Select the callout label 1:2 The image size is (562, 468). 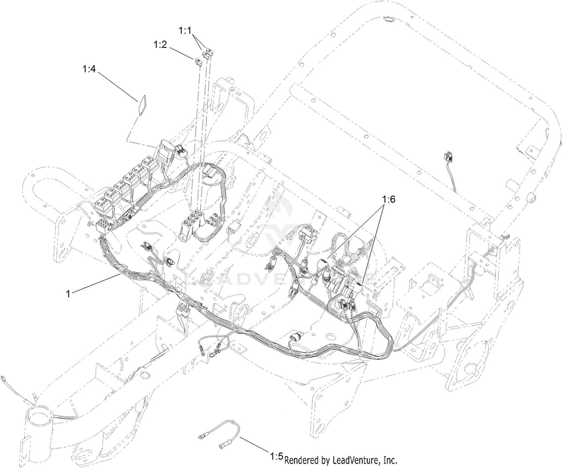(160, 45)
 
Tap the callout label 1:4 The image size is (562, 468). (89, 69)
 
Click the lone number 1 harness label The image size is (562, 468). (68, 294)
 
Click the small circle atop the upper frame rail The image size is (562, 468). (388, 19)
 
